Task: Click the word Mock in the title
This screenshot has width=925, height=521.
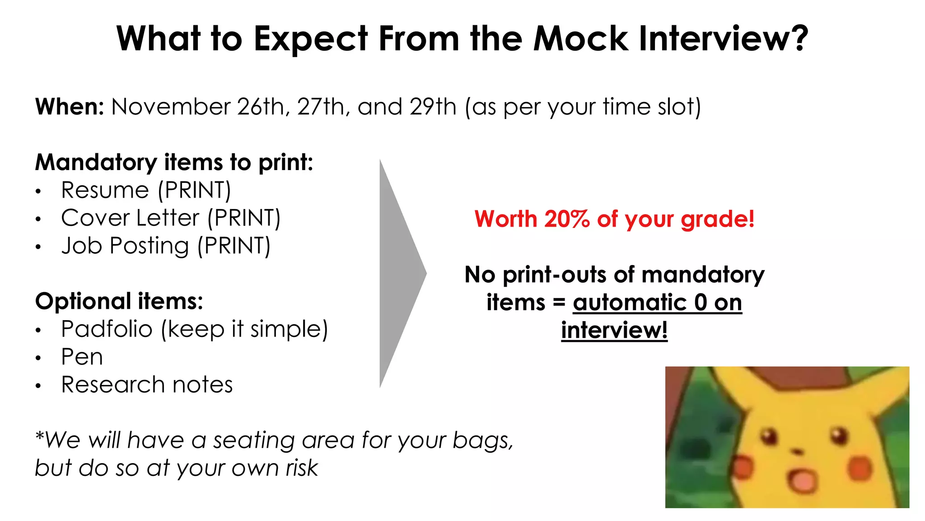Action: [x=581, y=39]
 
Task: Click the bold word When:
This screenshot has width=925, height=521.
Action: [x=70, y=107]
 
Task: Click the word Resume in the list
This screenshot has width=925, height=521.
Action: [x=105, y=190]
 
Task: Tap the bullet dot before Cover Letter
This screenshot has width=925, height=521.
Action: [x=39, y=219]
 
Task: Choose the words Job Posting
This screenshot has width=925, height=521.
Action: [x=125, y=246]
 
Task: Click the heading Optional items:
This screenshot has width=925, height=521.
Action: [x=119, y=301]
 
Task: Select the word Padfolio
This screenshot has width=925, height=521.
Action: [x=107, y=329]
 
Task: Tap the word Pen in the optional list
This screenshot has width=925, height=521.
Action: [x=82, y=357]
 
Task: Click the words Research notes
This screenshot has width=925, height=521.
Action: [x=147, y=385]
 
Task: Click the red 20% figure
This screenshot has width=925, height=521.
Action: [x=566, y=219]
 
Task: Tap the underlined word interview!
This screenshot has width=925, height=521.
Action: [x=614, y=330]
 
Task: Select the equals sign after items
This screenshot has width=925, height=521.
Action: [x=559, y=303]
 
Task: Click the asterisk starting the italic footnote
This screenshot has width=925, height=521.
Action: [x=40, y=436]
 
